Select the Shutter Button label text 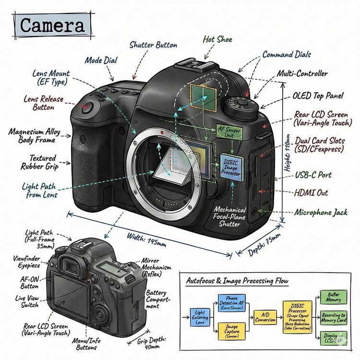[153, 45]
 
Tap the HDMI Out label [311, 192]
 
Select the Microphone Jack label [321, 212]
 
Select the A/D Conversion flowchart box [265, 317]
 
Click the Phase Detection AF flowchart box [231, 303]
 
